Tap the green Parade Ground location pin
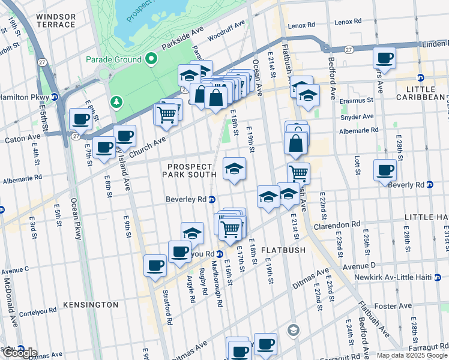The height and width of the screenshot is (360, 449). click(151, 59)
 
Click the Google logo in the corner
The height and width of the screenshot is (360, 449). click(19, 352)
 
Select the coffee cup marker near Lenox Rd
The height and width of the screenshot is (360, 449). click(384, 59)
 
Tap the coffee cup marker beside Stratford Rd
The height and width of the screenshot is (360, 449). click(155, 265)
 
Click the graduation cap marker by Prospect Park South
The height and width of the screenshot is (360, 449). click(234, 168)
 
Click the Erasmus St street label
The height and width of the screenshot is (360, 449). click(358, 101)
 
